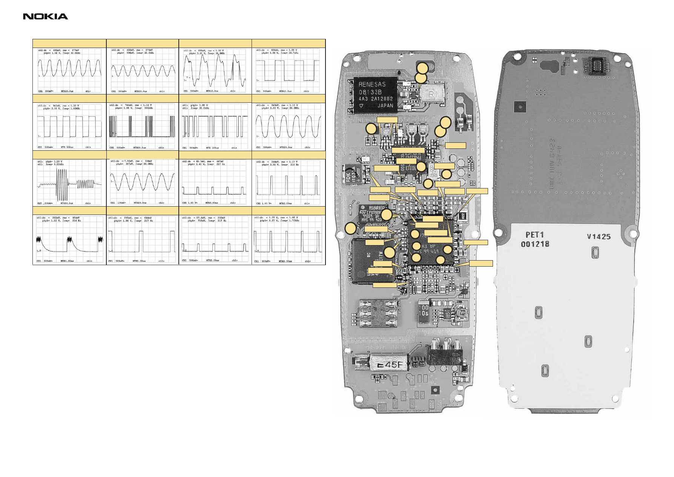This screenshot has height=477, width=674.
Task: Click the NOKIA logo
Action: (45, 16)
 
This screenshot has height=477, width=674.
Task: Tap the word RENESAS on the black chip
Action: (372, 85)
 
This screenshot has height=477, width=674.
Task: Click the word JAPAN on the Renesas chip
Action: (385, 106)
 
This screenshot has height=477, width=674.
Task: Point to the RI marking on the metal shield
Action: (432, 94)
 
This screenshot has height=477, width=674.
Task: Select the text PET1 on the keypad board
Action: (534, 235)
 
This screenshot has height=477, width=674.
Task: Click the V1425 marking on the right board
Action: (598, 237)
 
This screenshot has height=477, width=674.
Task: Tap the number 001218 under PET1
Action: (535, 244)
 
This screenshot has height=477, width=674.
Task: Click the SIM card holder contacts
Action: (378, 313)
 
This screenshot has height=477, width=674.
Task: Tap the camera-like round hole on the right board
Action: (520, 107)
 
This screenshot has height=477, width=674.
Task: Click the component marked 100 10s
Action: (424, 311)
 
